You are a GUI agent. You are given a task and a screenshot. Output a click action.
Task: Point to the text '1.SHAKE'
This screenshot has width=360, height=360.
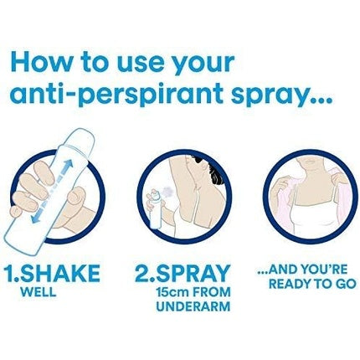pyautogui.click(x=52, y=273)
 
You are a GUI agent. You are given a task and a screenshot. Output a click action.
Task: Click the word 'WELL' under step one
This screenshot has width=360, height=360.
pyautogui.click(x=38, y=292)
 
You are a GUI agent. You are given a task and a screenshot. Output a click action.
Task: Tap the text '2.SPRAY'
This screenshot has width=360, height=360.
pyautogui.click(x=182, y=273)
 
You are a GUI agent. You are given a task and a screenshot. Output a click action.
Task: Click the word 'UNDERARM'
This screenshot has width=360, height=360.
pyautogui.click(x=192, y=306)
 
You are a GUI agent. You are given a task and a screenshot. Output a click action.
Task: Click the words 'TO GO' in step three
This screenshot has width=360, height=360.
pyautogui.click(x=336, y=285)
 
